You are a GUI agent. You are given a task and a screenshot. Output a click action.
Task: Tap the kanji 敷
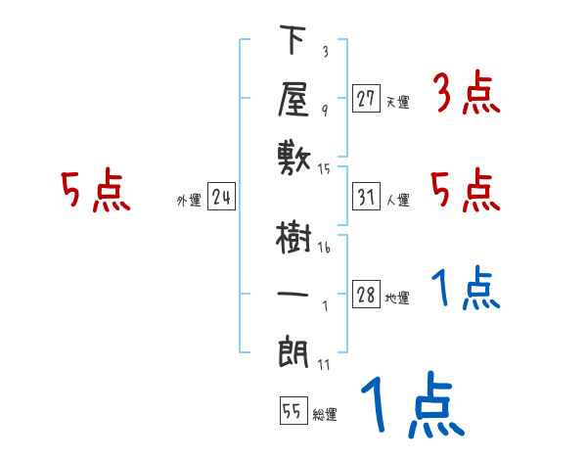click(x=293, y=156)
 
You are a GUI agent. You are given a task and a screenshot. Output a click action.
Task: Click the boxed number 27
click(x=366, y=98)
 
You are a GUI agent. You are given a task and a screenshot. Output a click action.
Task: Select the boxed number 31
click(x=366, y=197)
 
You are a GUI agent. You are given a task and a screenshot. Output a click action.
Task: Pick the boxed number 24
click(x=222, y=198)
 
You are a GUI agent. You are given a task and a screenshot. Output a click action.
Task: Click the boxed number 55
click(x=292, y=412)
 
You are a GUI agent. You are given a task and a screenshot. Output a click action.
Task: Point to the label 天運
click(x=397, y=101)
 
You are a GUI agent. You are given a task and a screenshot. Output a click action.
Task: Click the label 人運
click(x=397, y=200)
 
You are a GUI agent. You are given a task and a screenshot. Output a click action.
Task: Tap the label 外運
click(x=188, y=201)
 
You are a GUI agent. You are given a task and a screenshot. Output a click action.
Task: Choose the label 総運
click(x=324, y=415)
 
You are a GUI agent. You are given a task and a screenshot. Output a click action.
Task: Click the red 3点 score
click(x=466, y=95)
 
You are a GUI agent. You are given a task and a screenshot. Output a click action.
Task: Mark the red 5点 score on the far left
click(x=94, y=191)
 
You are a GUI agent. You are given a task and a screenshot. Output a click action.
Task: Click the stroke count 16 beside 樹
click(x=325, y=248)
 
